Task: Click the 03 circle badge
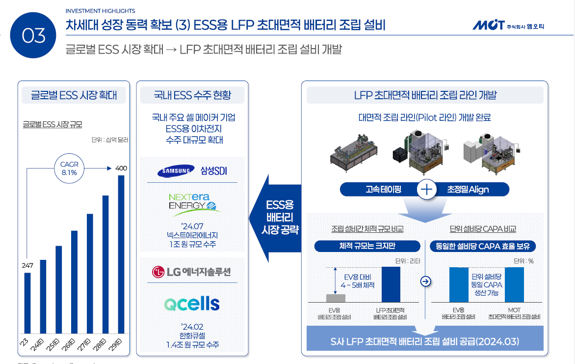click(x=34, y=35)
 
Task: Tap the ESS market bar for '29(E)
click(x=121, y=254)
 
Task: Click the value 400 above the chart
click(x=121, y=168)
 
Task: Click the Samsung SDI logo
click(x=192, y=171)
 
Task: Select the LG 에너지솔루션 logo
click(x=192, y=272)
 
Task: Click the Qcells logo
click(x=192, y=304)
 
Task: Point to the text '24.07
click(x=192, y=226)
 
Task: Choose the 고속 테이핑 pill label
click(x=383, y=189)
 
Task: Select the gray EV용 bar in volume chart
click(x=336, y=298)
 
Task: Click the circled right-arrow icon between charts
click(x=425, y=281)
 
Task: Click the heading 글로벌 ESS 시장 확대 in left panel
click(x=74, y=95)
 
